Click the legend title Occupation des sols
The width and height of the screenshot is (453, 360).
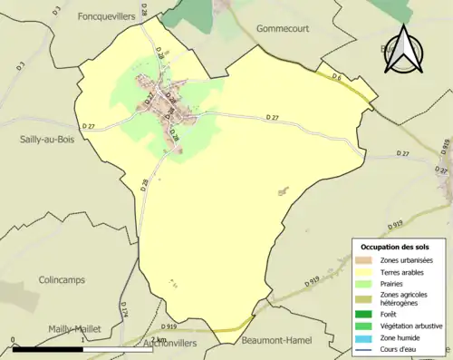pos(396,247)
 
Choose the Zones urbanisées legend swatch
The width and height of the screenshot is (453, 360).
pos(367,260)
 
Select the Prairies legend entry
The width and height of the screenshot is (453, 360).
pos(391,283)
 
